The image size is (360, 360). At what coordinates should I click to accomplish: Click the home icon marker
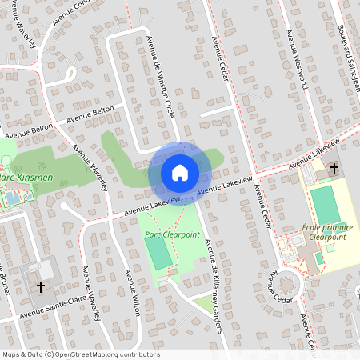pos(180,172)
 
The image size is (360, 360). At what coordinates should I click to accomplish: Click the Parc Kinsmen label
pos(17,178)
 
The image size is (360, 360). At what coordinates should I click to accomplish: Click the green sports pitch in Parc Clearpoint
pos(158,253)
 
